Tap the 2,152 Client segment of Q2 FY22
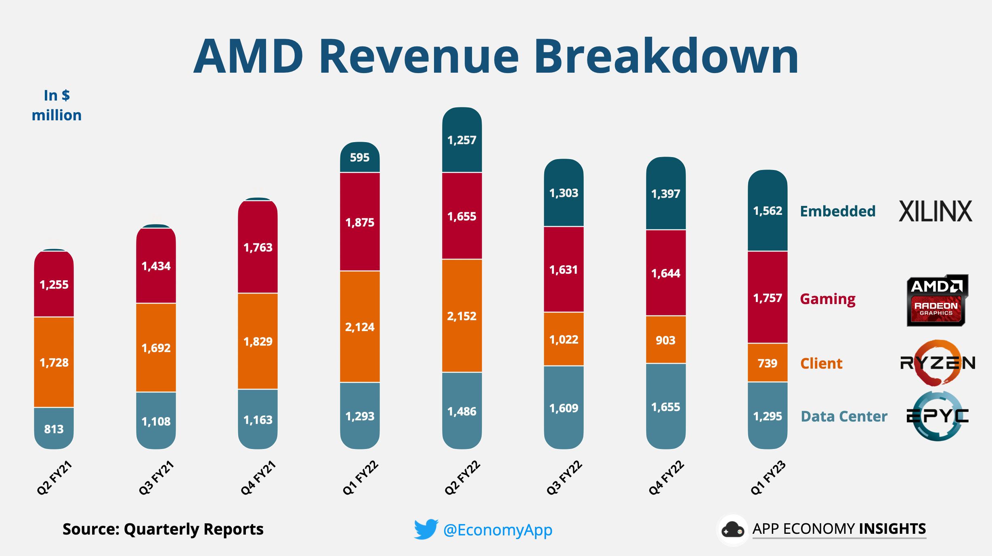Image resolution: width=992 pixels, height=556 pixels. click(x=461, y=316)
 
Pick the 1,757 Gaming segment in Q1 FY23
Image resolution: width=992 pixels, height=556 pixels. click(x=767, y=298)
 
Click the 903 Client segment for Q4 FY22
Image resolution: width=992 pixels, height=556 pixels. click(x=665, y=340)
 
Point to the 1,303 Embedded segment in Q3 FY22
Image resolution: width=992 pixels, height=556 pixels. click(x=564, y=193)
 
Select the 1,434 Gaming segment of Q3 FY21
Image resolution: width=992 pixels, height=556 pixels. click(x=156, y=266)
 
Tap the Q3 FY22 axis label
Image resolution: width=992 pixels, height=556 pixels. click(x=564, y=478)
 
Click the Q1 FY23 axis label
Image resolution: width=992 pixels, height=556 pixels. click(x=768, y=478)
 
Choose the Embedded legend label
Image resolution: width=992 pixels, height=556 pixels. click(x=837, y=211)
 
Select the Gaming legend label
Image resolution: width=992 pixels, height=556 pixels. click(x=828, y=299)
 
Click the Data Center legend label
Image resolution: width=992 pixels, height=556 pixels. click(x=844, y=416)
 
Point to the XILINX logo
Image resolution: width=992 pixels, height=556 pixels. click(x=935, y=211)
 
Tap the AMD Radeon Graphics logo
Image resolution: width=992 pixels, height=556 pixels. click(x=937, y=300)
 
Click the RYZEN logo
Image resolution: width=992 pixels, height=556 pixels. click(x=937, y=363)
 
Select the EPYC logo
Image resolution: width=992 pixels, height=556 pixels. click(x=937, y=416)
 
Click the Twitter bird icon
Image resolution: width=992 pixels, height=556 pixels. click(x=426, y=529)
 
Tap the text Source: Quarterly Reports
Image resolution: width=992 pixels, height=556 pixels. click(x=163, y=529)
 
